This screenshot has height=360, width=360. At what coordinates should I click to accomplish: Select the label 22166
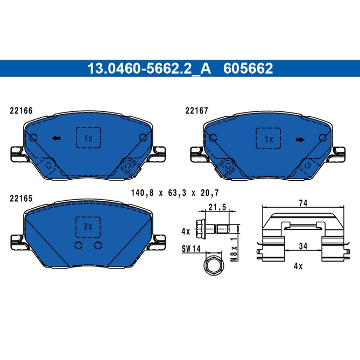[22, 111]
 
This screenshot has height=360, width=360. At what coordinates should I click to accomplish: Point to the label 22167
[196, 111]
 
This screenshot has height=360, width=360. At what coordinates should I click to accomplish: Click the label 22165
[22, 198]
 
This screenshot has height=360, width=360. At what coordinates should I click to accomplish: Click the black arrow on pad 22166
[55, 139]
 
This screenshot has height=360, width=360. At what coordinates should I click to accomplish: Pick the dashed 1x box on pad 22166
[88, 139]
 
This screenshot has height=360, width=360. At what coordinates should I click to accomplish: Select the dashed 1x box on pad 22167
[269, 139]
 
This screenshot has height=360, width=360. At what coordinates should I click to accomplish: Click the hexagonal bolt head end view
[211, 265]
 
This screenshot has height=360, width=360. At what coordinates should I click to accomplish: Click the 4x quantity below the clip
[299, 266]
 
